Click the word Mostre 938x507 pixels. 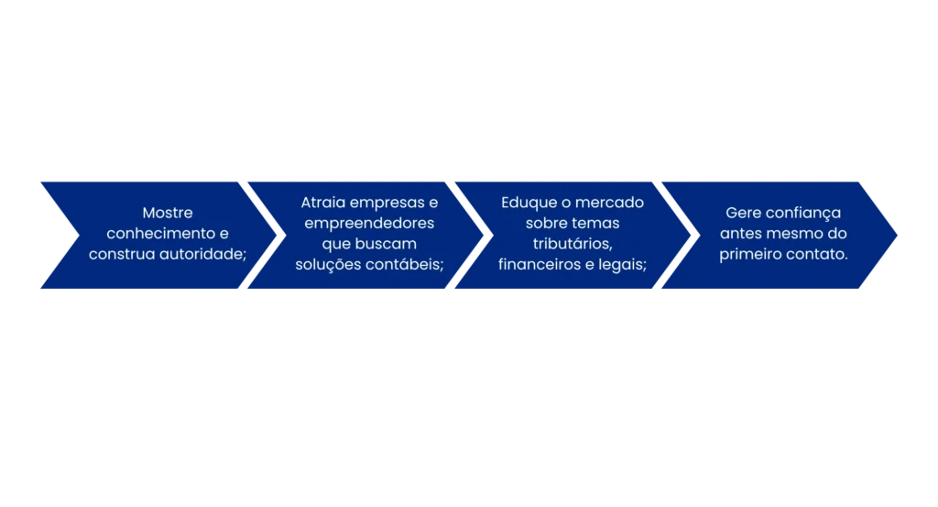168,213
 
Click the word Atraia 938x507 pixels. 323,203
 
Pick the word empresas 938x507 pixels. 387,203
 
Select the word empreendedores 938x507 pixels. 369,224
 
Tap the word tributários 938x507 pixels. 572,244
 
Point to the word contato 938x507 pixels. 815,254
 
